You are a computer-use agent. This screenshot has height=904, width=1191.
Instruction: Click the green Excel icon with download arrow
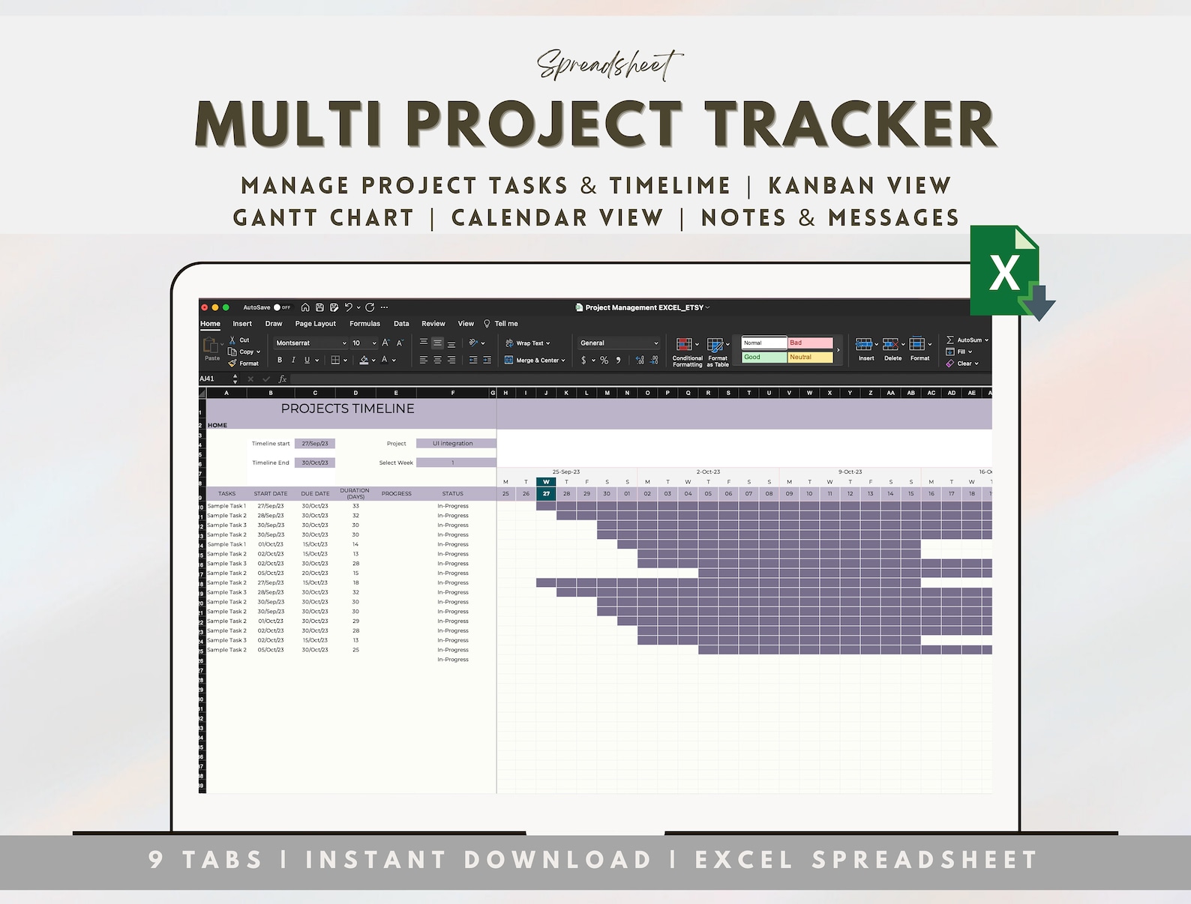click(1009, 271)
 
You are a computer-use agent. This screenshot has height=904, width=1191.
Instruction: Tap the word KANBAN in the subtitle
click(820, 185)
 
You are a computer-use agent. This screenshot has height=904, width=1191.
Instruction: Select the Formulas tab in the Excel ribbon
click(364, 324)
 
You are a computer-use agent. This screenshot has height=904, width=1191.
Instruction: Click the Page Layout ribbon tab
click(315, 324)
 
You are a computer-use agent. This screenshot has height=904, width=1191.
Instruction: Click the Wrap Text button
click(528, 343)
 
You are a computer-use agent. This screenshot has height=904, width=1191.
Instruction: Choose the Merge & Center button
click(535, 361)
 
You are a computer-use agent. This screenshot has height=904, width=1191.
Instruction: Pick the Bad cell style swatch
click(810, 343)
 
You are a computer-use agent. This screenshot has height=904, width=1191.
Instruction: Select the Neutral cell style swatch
click(810, 358)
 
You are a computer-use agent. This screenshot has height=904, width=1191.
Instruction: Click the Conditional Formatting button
click(686, 352)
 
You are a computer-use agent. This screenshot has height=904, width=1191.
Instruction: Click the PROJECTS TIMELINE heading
click(347, 409)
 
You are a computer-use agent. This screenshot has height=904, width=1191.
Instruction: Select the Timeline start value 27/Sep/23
click(315, 444)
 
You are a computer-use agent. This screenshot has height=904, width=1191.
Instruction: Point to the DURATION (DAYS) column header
click(355, 493)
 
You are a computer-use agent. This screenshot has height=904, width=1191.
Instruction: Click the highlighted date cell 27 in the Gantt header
click(546, 494)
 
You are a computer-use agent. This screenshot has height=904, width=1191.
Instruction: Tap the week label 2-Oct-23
click(708, 472)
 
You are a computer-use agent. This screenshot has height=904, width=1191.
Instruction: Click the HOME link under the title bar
click(217, 425)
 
